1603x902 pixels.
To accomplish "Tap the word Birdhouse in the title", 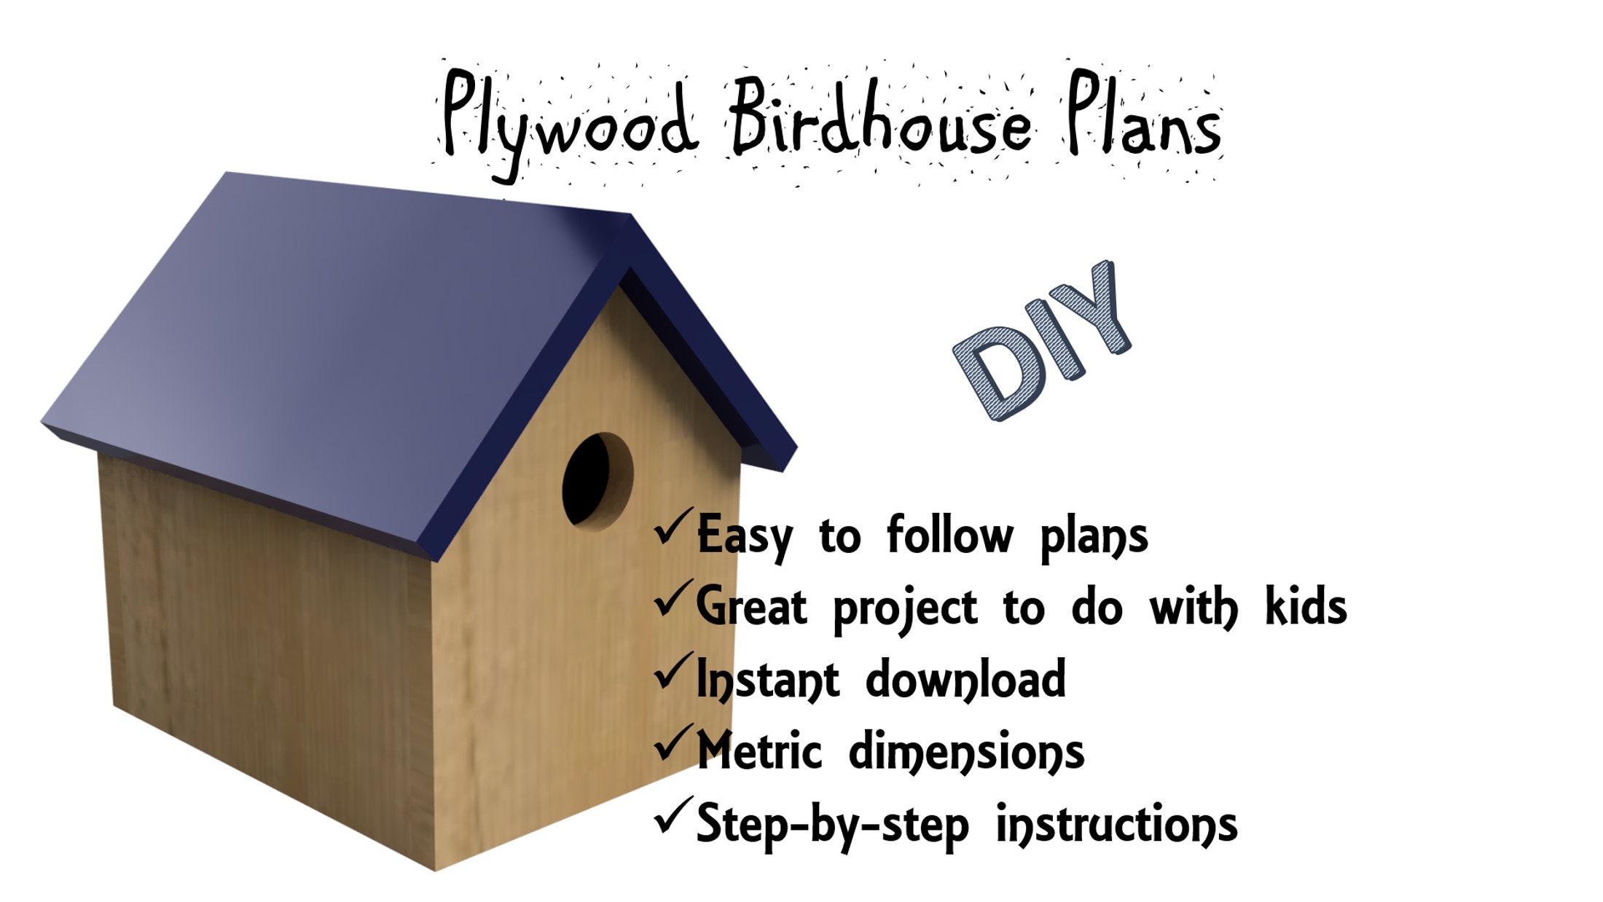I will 882,117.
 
